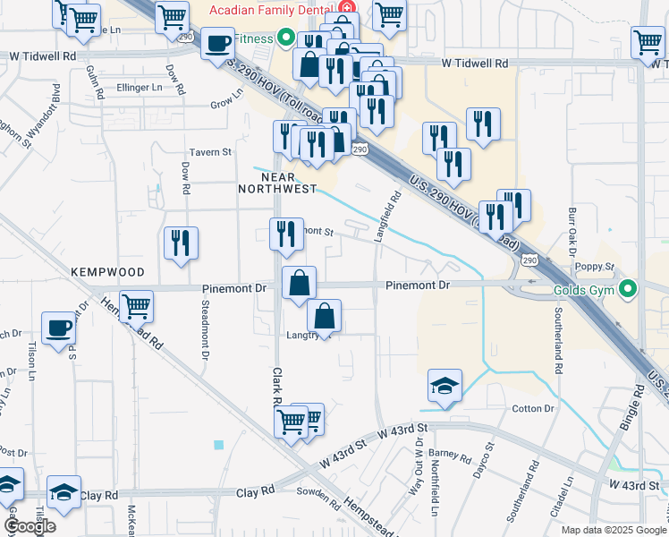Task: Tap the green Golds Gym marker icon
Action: point(629,289)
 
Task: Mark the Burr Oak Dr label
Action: point(572,232)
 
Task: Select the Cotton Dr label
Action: point(534,408)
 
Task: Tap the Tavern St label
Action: point(209,152)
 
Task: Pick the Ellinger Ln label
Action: point(140,88)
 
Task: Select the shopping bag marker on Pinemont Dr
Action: point(299,282)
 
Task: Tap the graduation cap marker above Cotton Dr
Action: point(445,385)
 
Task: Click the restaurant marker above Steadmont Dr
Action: point(182,243)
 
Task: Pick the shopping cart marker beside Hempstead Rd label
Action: point(137,307)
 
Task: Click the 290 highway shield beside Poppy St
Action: point(529,260)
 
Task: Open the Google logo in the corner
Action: point(29,526)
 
